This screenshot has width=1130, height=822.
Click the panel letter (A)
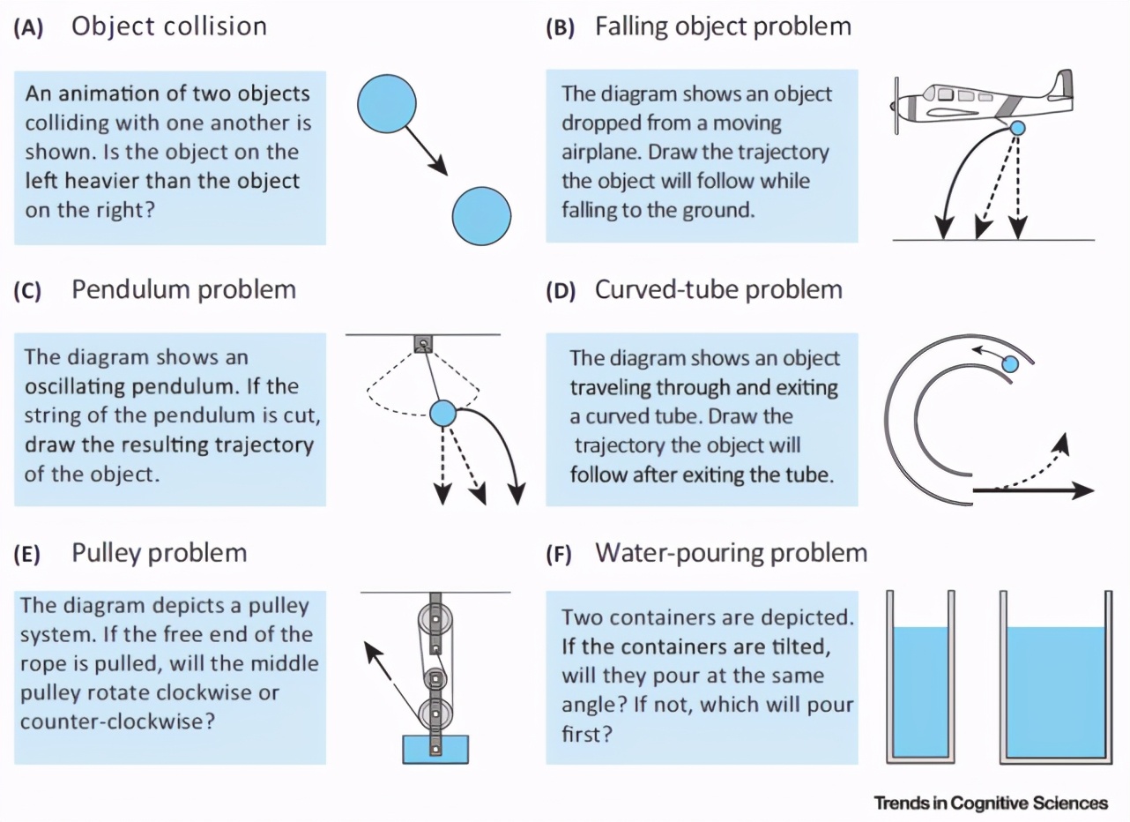click(30, 27)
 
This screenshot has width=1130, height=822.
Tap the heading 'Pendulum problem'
click(183, 289)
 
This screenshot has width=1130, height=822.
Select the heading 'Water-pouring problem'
click(731, 553)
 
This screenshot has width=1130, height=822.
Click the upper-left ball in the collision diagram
click(387, 103)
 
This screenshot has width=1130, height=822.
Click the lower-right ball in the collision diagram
click(482, 215)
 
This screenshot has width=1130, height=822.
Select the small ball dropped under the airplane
click(1017, 129)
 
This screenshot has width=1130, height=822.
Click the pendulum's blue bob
click(442, 411)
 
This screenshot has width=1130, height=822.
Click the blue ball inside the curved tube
click(1011, 363)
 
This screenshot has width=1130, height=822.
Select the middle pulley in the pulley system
click(434, 680)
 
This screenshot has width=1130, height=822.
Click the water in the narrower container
click(921, 691)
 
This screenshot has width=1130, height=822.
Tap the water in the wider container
click(1055, 691)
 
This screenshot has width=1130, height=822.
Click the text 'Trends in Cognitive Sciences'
click(991, 803)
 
